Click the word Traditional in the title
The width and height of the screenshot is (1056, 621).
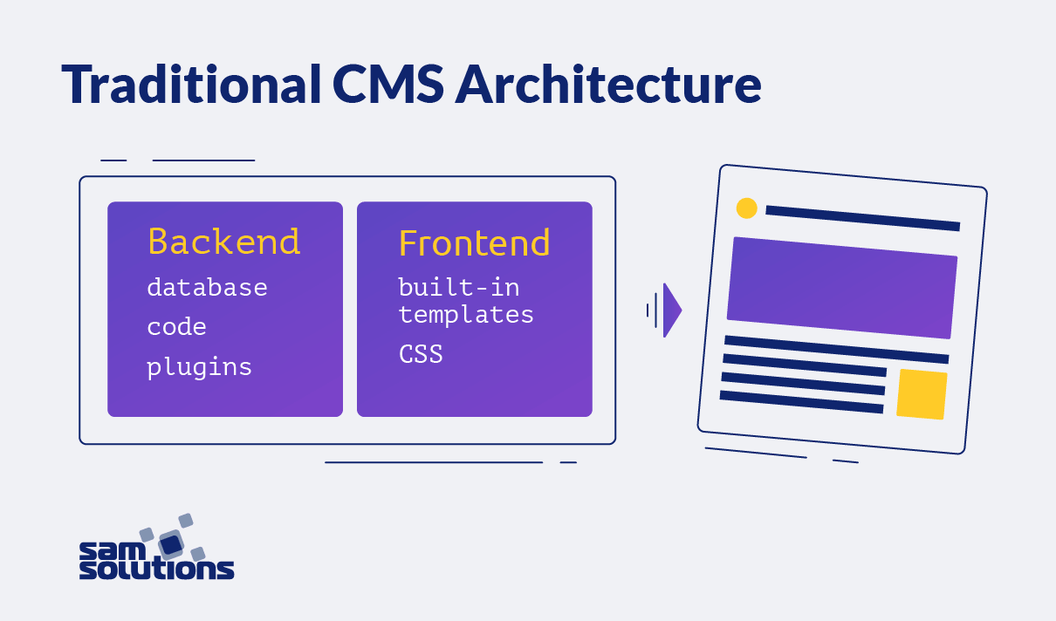click(x=189, y=85)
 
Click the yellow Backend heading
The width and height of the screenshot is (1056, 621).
click(x=223, y=242)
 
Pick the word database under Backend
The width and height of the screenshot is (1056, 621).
click(x=207, y=287)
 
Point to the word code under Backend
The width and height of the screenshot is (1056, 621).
click(x=176, y=327)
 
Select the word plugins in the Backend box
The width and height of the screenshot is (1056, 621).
click(x=199, y=367)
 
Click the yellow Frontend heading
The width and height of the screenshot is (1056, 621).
click(x=474, y=243)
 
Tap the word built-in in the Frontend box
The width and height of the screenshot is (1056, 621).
click(x=458, y=286)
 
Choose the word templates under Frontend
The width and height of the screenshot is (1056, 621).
click(x=466, y=314)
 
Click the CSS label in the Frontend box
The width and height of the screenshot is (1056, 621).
click(x=421, y=354)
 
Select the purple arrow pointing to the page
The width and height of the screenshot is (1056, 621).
click(x=670, y=310)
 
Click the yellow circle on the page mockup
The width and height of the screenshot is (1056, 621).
click(x=746, y=208)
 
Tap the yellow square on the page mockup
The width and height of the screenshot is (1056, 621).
click(x=922, y=394)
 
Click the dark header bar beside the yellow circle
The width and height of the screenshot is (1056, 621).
click(x=862, y=218)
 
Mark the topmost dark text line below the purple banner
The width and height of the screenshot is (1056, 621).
click(x=836, y=349)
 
